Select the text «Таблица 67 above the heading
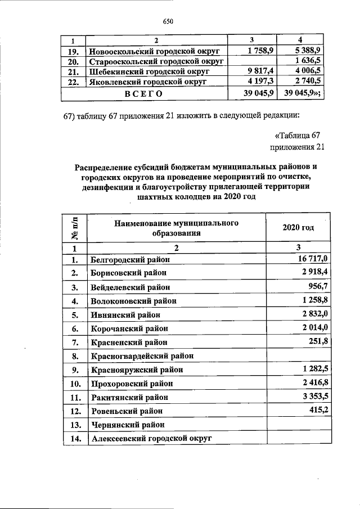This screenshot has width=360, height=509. point(296,136)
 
